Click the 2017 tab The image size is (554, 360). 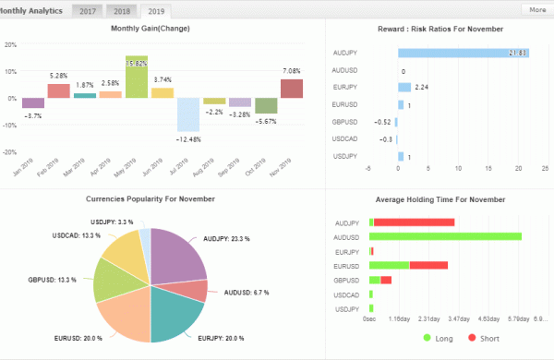[89, 10]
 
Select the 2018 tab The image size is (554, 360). [122, 10]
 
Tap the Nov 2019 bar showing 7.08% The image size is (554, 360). [292, 89]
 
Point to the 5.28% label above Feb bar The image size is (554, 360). [58, 76]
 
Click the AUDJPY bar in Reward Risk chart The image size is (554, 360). [463, 54]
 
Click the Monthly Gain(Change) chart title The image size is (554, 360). [151, 29]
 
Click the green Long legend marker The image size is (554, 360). [427, 338]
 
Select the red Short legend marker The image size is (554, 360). [472, 338]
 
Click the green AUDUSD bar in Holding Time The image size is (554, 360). [445, 236]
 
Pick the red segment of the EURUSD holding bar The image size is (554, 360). [428, 265]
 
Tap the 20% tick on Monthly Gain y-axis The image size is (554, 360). [11, 43]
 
